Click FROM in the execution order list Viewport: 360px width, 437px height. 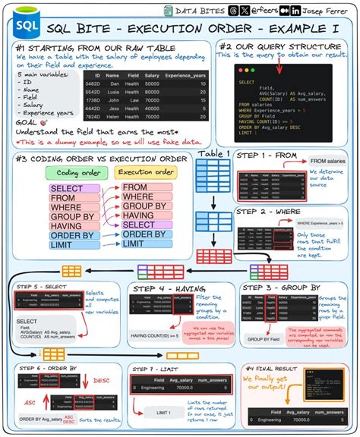tap(136, 187)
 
